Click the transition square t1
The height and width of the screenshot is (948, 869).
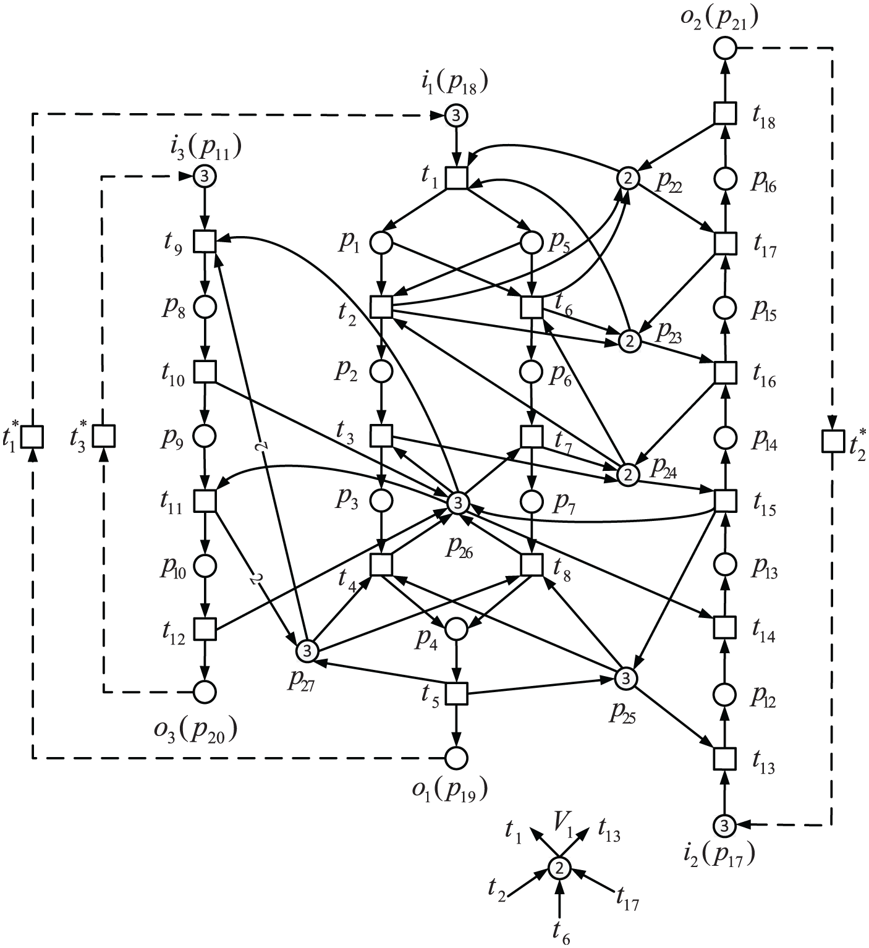(457, 178)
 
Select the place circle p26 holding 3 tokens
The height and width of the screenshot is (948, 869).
(457, 503)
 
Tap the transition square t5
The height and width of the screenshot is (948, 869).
(457, 693)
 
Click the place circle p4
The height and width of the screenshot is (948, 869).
(456, 629)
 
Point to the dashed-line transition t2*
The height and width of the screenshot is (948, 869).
(833, 441)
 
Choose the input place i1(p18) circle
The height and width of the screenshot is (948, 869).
(456, 116)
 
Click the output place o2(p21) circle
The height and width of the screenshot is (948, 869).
(724, 48)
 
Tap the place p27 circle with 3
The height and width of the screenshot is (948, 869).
(307, 652)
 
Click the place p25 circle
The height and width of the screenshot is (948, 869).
(625, 679)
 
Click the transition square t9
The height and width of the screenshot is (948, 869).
(205, 242)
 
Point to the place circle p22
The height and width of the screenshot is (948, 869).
(628, 178)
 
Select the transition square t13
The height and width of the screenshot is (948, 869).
(724, 758)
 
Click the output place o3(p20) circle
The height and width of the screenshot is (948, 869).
(205, 692)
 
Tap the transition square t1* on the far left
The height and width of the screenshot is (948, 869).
(33, 436)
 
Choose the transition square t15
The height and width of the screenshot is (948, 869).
(725, 501)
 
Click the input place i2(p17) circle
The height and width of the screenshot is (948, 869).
(724, 825)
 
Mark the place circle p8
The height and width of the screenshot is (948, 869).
(205, 307)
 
